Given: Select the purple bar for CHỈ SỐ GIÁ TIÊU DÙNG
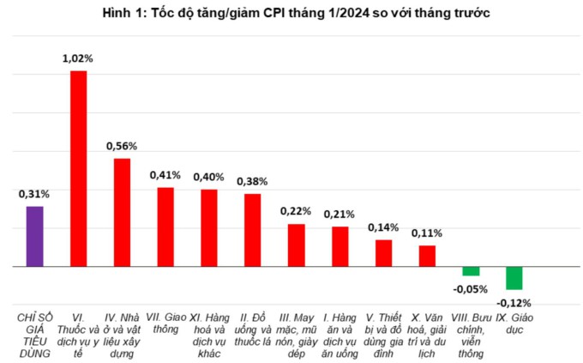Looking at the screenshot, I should coord(34,237).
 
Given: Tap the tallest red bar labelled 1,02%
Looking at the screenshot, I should coord(78,169).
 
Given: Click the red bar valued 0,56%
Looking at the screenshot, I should coord(122,213).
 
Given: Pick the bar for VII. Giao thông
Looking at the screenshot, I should coord(165,227).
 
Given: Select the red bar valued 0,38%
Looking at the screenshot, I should coord(253,230).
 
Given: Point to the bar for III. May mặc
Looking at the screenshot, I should coord(297,245).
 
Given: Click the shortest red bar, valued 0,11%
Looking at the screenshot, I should coord(427,256).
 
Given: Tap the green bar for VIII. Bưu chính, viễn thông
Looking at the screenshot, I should coord(471,271).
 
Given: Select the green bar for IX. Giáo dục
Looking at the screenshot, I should coord(514,278).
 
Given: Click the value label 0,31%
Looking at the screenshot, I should coord(34,194).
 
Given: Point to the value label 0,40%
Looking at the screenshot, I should coord(208,177).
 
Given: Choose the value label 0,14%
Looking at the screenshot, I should coord(383,227).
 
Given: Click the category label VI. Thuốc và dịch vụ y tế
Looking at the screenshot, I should coord(78,335).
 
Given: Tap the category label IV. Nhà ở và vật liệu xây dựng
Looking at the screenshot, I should coord(122,335).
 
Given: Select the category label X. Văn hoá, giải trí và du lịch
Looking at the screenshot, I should coord(427,335).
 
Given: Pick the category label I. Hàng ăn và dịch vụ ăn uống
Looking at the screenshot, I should coord(340,335).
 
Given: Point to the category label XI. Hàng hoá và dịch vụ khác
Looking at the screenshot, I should coord(208,335).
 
